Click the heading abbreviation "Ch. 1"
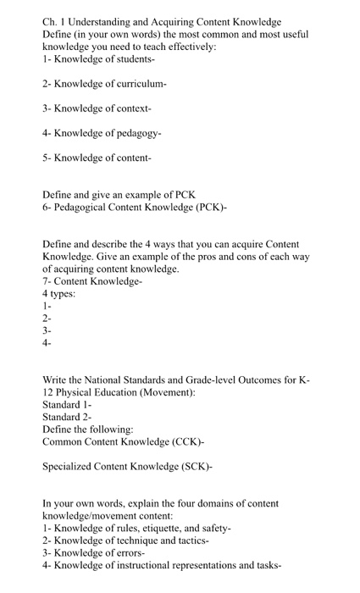coord(55,20)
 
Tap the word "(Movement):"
coord(169,395)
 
